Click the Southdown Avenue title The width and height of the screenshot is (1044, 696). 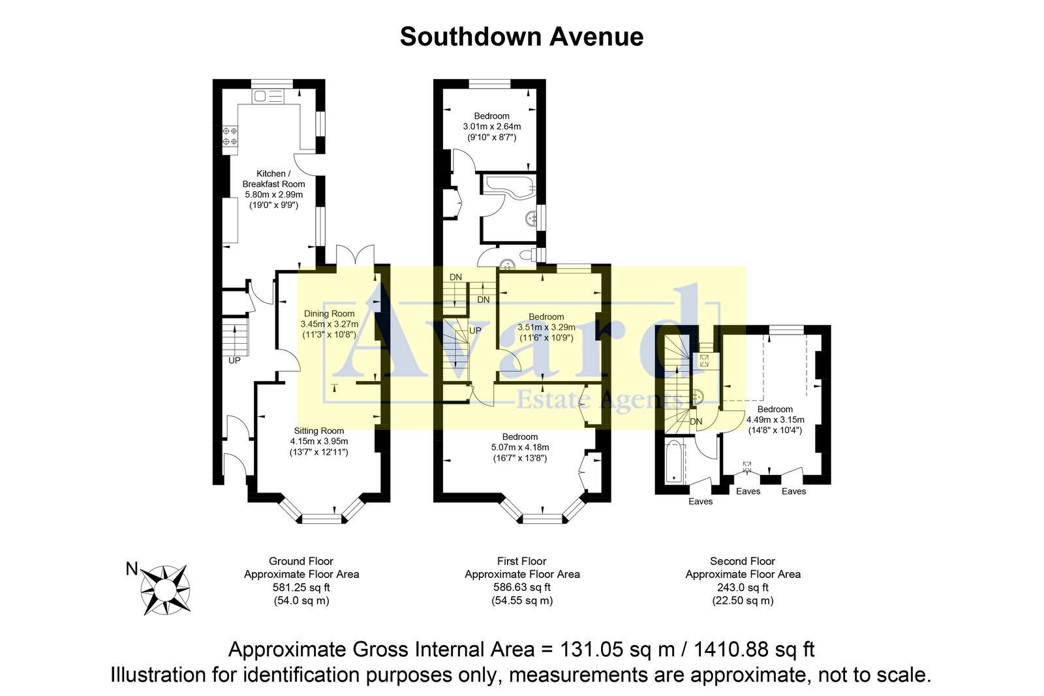coord(521,37)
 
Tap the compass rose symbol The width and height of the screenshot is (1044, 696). coord(166,590)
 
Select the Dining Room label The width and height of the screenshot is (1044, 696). coord(329,314)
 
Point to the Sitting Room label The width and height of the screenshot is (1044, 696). coord(318,431)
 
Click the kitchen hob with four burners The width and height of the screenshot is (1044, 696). coord(230,136)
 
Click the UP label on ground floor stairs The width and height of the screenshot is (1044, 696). coord(234,360)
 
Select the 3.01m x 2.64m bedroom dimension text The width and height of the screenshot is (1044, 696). coord(492,127)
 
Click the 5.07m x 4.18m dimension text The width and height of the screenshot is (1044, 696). coord(520,447)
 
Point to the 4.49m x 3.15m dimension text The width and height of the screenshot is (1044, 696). coord(775,419)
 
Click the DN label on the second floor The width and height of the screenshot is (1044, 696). coord(696,421)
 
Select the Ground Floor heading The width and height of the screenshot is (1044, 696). coord(301,561)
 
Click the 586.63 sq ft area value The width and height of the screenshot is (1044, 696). coord(522,587)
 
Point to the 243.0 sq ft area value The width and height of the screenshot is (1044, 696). coord(743,587)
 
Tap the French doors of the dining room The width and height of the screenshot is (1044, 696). coord(355,254)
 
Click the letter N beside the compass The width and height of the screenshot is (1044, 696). coord(132,569)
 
